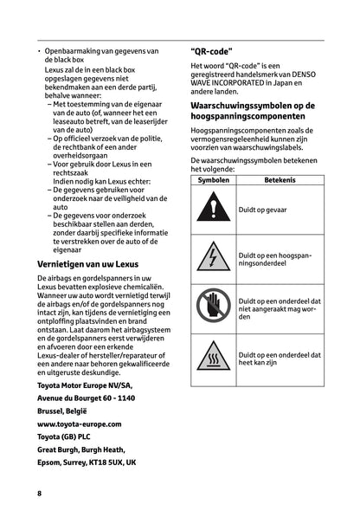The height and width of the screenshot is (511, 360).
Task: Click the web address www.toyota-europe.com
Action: point(80,424)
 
